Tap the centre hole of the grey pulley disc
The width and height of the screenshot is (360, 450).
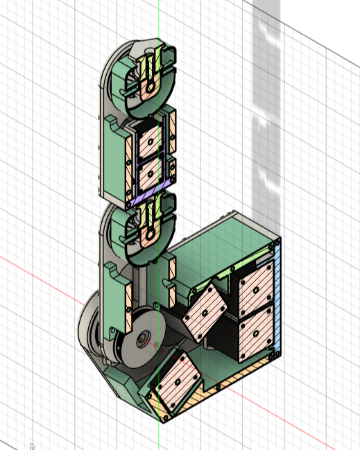click(143, 339)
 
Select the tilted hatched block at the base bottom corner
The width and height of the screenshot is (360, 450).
click(176, 384)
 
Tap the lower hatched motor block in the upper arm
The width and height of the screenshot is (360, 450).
click(150, 175)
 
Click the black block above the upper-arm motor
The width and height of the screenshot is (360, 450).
click(148, 126)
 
